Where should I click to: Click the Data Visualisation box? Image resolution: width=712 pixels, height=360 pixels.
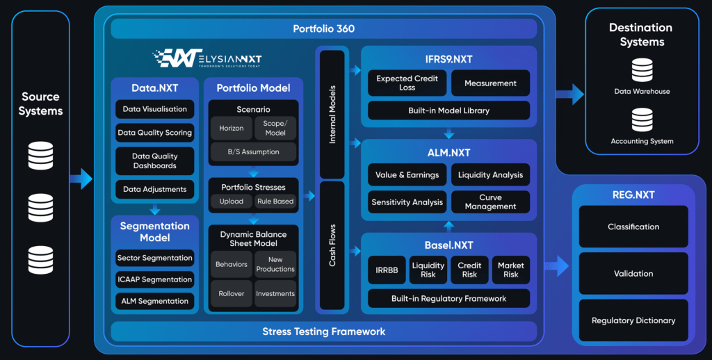[x=154, y=109]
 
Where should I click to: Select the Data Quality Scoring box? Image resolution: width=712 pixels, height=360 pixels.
[x=154, y=133]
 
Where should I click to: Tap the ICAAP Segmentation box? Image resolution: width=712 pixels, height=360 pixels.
[x=154, y=279]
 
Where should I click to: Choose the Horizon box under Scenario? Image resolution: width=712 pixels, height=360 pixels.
[x=232, y=128]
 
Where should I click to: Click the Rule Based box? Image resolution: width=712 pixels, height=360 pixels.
[x=275, y=202]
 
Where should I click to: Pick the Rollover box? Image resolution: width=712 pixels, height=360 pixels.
[x=232, y=293]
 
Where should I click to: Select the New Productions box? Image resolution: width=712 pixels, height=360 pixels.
[x=275, y=264]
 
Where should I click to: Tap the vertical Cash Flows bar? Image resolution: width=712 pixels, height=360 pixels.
[x=332, y=247]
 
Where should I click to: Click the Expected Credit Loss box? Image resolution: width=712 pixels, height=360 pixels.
[x=407, y=83]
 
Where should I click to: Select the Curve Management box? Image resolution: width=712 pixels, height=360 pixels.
[x=490, y=202]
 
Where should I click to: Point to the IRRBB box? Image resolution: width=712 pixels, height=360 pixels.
[x=387, y=270]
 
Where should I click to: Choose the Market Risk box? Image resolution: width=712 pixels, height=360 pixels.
[x=511, y=270]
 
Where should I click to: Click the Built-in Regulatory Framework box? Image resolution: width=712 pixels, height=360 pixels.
[x=448, y=299]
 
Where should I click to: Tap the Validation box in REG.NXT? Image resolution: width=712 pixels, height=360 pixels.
[x=633, y=273]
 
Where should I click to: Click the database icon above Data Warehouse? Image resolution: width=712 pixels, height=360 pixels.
[x=642, y=69]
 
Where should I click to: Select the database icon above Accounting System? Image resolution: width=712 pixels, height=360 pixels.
[x=642, y=120]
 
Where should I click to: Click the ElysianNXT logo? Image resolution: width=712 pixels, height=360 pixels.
[x=207, y=58]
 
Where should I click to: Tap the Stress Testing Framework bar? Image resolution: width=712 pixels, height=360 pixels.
[x=323, y=332]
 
